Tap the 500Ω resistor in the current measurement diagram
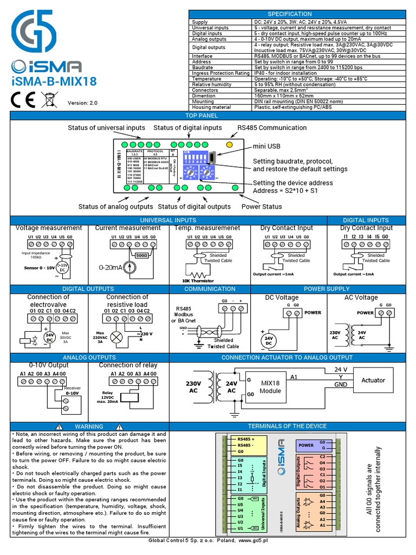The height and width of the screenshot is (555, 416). pyautogui.click(x=142, y=255)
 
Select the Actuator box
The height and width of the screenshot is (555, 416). pyautogui.click(x=373, y=380)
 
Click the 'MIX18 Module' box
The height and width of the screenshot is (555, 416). pyautogui.click(x=270, y=386)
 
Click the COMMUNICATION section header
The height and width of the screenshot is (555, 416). pyautogui.click(x=210, y=289)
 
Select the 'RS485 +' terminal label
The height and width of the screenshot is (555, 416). pyautogui.click(x=245, y=438)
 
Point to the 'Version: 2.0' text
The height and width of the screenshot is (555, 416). pyautogui.click(x=82, y=103)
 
